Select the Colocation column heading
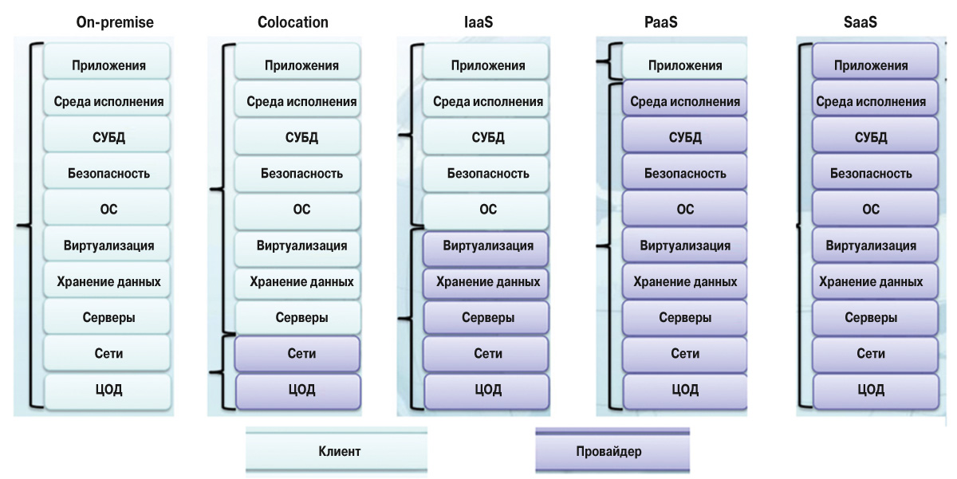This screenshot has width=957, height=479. (x=293, y=22)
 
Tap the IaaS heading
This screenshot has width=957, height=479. (x=478, y=22)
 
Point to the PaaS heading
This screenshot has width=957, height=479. (x=661, y=22)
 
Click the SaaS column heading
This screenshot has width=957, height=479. (x=861, y=22)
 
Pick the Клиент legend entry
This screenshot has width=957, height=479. (x=337, y=452)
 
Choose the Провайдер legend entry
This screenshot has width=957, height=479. (x=612, y=452)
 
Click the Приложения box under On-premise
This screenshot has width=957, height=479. (x=108, y=65)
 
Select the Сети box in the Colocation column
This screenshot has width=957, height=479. (x=298, y=353)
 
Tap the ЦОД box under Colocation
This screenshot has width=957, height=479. (x=298, y=390)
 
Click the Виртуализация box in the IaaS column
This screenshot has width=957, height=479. (x=486, y=245)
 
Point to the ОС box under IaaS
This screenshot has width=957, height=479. (x=486, y=210)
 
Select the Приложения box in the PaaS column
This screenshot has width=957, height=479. (x=684, y=65)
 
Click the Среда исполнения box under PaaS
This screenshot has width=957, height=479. (x=684, y=102)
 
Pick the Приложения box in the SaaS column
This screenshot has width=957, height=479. (x=873, y=65)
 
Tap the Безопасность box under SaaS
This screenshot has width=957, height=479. (x=873, y=173)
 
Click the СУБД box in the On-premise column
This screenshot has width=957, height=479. (x=108, y=137)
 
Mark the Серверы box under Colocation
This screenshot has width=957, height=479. (x=298, y=317)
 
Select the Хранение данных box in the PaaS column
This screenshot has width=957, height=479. (x=684, y=281)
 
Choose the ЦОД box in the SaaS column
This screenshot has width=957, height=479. (x=873, y=390)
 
